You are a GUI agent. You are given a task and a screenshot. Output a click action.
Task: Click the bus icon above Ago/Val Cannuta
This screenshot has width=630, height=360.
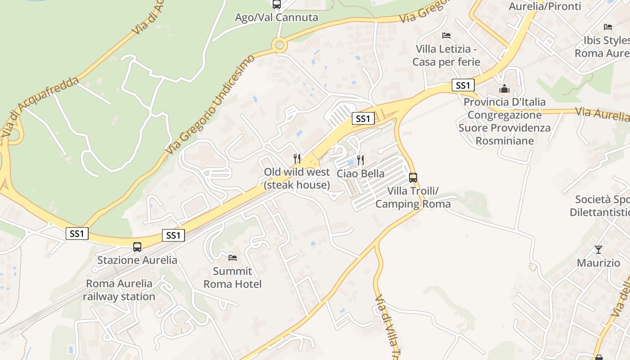pos(277,4)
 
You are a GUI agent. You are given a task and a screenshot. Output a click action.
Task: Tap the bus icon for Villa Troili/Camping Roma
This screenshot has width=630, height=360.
pos(413,177)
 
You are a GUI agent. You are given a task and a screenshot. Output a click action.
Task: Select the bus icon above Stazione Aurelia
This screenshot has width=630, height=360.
pos(137,247)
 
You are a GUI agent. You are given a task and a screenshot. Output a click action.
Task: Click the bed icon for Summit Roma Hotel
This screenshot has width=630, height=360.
pos(233,257)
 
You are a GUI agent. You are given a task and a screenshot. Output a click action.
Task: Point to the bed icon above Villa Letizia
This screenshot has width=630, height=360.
pos(446,35)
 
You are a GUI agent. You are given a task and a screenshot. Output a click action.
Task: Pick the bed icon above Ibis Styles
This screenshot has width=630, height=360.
pos(608,27)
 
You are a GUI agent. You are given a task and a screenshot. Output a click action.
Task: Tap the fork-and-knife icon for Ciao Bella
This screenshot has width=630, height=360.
pos(360,160)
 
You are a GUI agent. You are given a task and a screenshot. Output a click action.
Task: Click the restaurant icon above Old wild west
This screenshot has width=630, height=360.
pos(297,158)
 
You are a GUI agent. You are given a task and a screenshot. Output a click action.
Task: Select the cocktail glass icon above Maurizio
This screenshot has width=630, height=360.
pos(598,249)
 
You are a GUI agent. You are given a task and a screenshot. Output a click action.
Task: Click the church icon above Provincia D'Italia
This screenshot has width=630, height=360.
pos(504,89)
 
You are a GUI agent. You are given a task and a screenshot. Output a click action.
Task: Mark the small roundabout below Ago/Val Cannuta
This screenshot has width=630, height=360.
pos(279,45)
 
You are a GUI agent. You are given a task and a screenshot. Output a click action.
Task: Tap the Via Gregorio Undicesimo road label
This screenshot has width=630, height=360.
pos(210,103)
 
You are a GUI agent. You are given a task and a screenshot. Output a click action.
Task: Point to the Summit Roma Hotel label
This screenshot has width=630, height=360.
pos(233,278)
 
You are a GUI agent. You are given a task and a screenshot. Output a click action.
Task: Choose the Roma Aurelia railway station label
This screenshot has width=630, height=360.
pos(119,290)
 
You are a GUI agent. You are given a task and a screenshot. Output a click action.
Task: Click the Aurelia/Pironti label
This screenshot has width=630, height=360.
pos(544,6)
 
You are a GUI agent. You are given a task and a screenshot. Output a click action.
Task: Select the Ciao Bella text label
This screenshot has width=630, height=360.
pos(360,174)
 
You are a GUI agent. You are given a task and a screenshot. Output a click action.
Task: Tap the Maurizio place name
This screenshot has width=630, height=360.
pos(598,263)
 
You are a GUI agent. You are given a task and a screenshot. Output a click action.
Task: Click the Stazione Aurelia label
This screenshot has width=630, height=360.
pos(137,260)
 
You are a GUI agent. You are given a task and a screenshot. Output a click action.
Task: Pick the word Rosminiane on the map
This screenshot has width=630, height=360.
pos(504,141)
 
